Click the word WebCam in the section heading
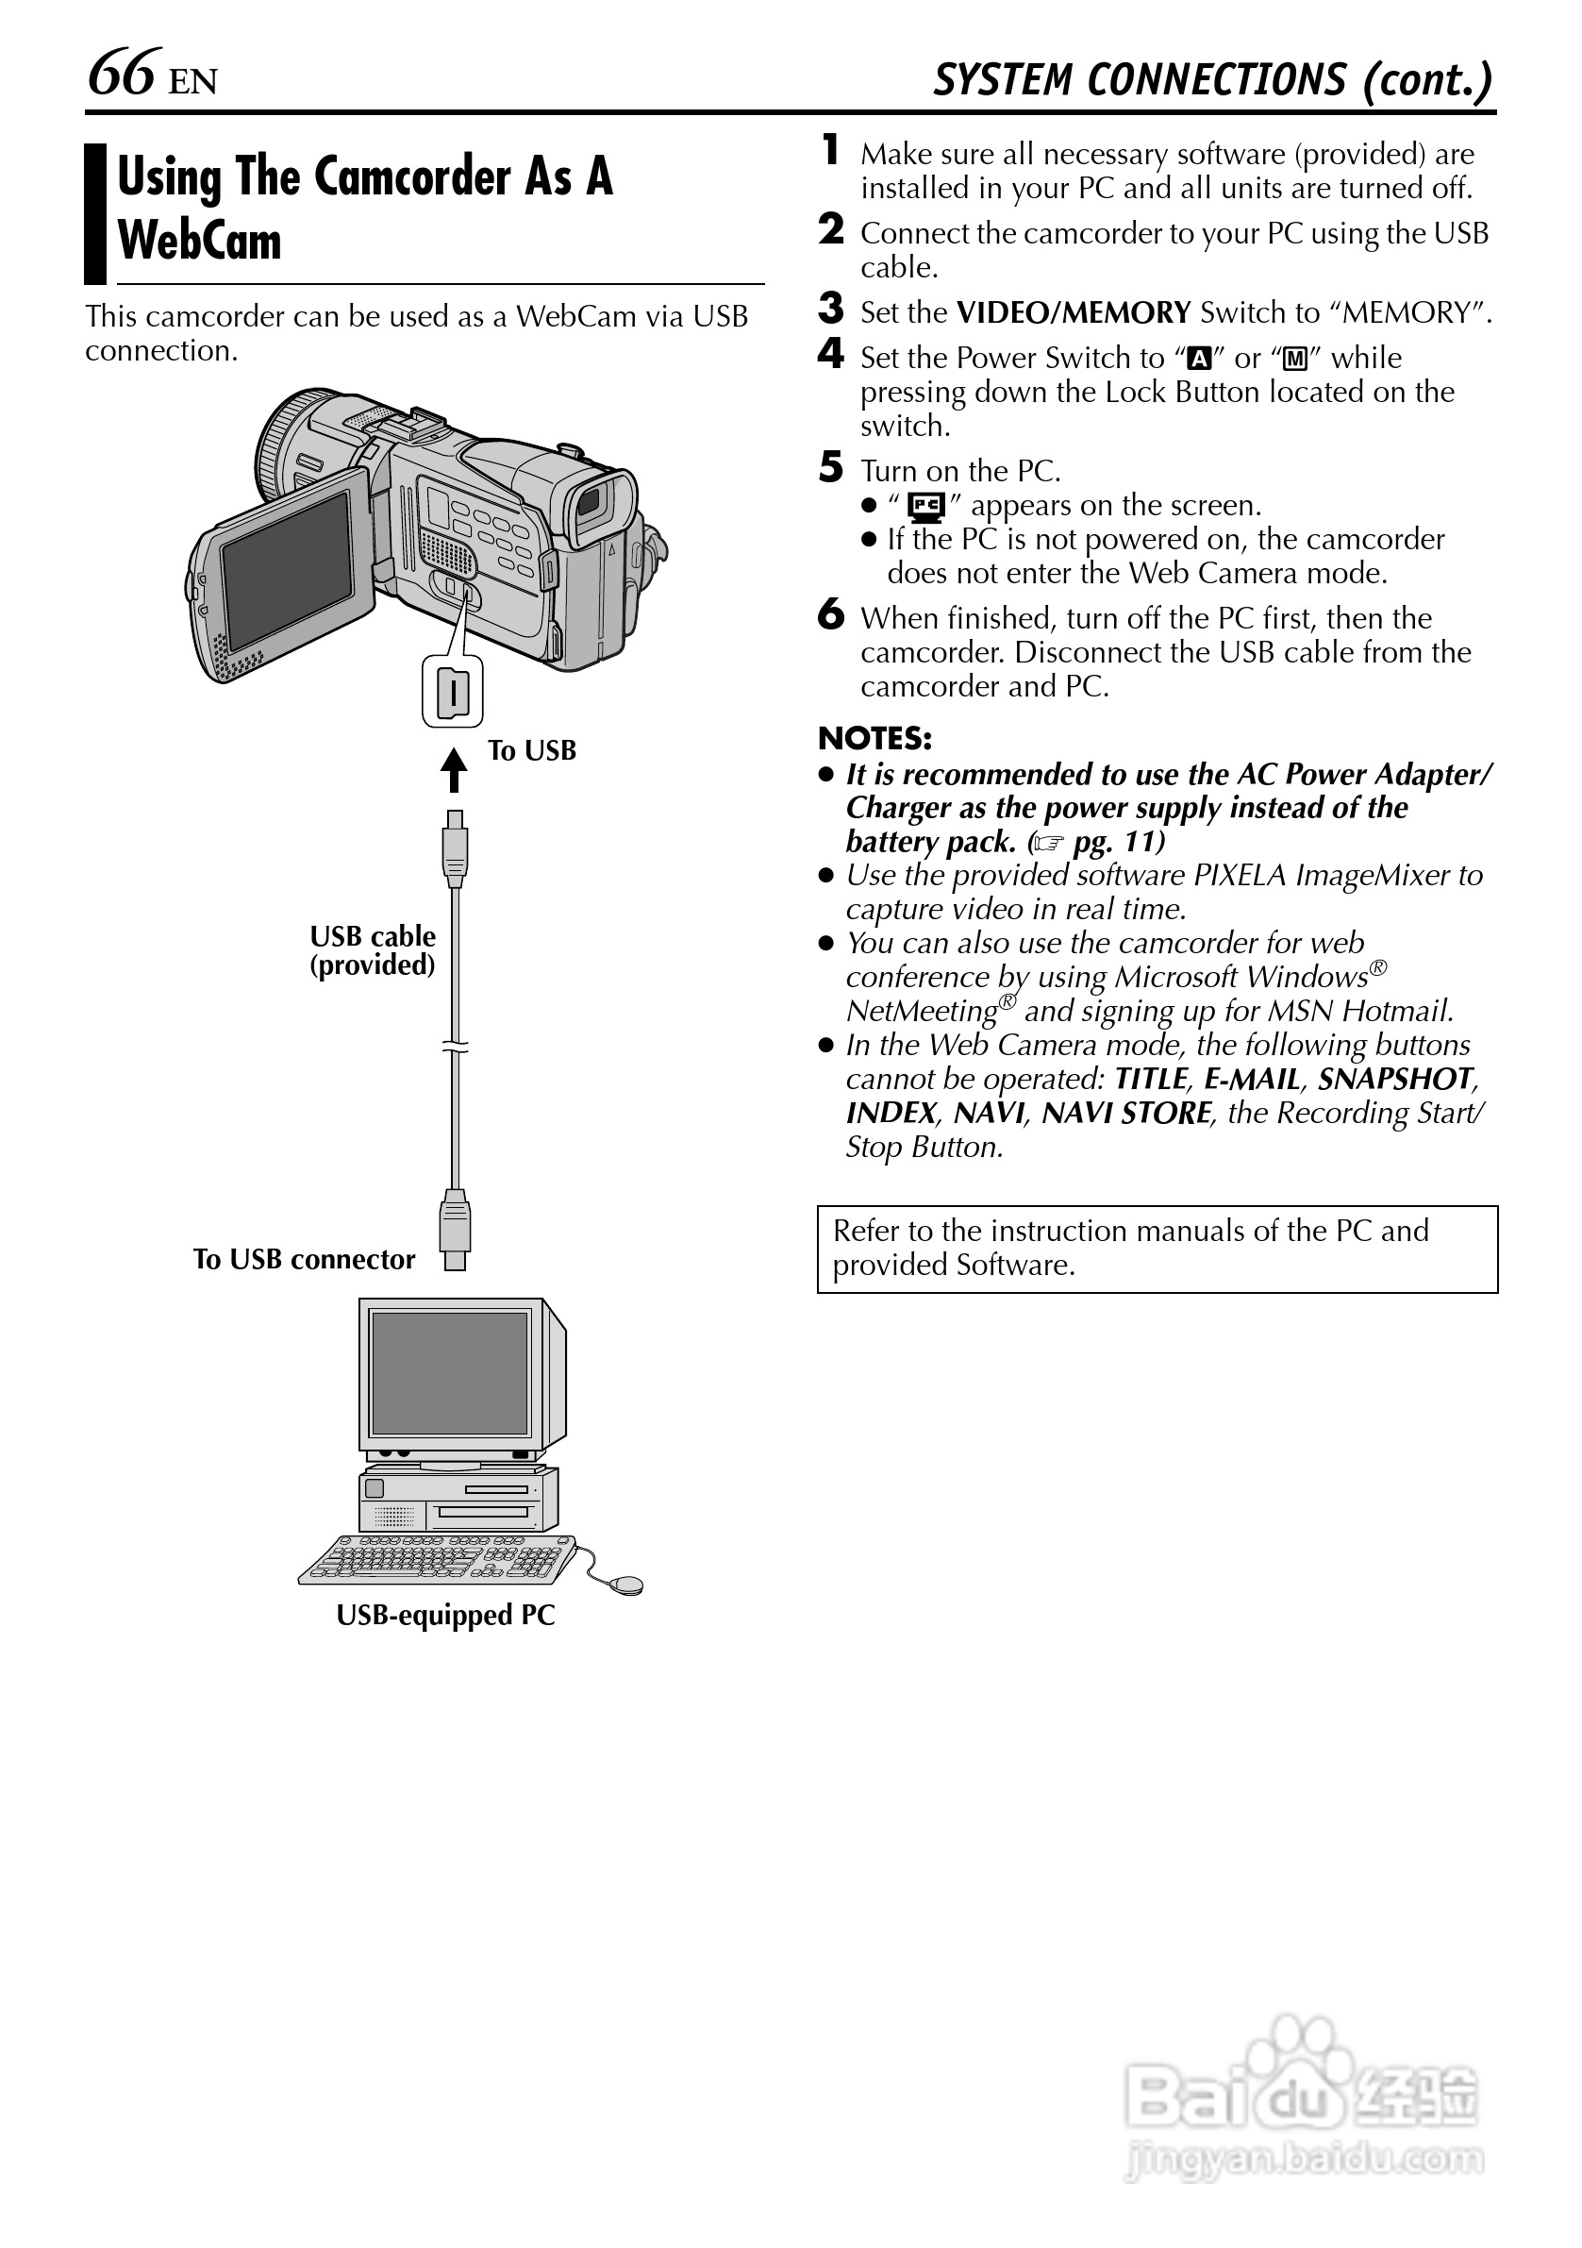199,241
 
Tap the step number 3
830,310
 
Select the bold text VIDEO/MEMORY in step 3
1073,313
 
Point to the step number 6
830,615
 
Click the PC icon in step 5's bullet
924,506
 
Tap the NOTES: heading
874,738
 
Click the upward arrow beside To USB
453,769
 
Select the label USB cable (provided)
372,950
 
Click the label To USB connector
304,1259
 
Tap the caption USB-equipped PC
445,1616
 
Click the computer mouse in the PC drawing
625,1585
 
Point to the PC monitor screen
450,1374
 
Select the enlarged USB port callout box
452,692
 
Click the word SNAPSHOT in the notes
1394,1079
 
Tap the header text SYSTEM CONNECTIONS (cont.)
1213,80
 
